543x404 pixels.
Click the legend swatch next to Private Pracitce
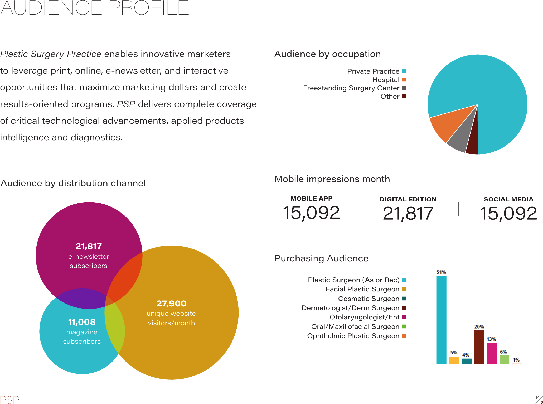pos(404,71)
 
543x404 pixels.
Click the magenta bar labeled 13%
pos(492,353)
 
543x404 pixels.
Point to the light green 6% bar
pos(504,359)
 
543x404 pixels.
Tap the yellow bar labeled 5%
pos(454,360)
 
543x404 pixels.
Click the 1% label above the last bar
pos(516,360)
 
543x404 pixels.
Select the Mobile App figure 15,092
pos(311,213)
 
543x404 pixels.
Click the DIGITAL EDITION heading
pos(408,199)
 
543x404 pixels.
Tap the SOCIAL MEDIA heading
pos(508,199)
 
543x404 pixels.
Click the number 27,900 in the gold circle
pos(171,304)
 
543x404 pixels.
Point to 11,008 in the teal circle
pos(82,322)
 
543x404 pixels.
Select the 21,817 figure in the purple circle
pos(89,246)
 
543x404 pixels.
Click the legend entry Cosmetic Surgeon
pos(369,299)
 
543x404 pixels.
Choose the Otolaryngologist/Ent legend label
pos(364,317)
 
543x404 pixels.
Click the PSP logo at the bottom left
pos(10,400)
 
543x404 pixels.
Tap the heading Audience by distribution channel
pos(73,183)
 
